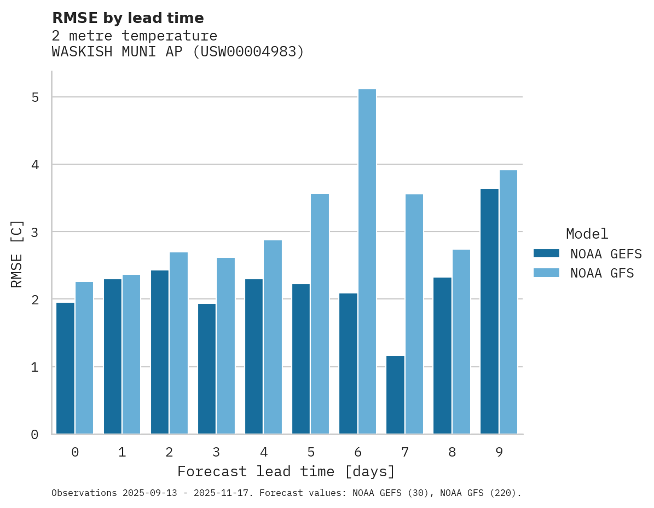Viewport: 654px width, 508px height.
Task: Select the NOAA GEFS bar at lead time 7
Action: [x=395, y=395]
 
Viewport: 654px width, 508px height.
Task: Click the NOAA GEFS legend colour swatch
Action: [x=546, y=253]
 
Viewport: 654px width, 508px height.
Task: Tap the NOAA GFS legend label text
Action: [x=602, y=273]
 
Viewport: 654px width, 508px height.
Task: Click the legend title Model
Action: [x=587, y=234]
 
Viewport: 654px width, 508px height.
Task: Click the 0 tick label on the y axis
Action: [x=34, y=435]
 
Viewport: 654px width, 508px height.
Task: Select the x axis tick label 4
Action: [x=263, y=452]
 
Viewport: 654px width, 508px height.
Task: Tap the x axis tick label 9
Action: [x=499, y=452]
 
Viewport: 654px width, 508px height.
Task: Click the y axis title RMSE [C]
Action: [x=17, y=253]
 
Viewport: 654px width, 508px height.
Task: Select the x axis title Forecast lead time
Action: [x=286, y=471]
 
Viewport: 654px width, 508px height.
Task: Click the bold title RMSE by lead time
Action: [x=128, y=18]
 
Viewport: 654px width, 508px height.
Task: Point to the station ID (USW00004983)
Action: [x=248, y=52]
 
